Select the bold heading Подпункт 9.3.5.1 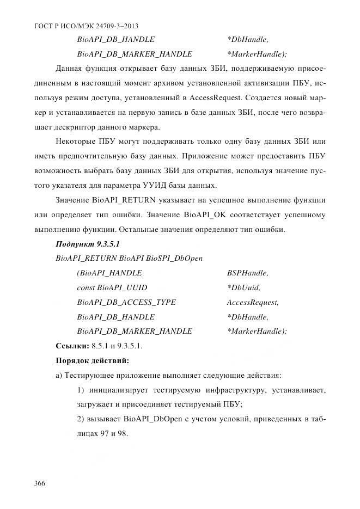(88, 244)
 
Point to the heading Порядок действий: (92, 360)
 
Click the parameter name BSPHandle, (247, 273)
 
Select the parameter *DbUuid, (243, 287)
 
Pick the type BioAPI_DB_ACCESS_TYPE (126, 302)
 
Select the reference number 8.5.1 (101, 346)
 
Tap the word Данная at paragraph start (69, 69)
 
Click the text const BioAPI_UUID (112, 287)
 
